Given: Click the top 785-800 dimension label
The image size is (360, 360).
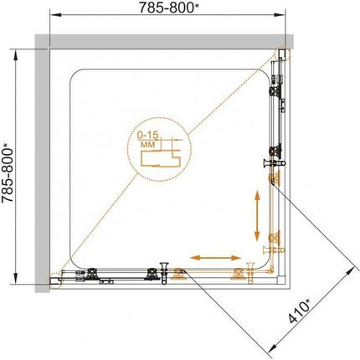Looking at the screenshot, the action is click(169, 8).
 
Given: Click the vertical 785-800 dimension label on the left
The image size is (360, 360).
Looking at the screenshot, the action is click(8, 173).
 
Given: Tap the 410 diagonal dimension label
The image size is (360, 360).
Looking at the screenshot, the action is click(300, 311).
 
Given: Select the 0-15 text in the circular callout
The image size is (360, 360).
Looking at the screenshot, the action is click(148, 136).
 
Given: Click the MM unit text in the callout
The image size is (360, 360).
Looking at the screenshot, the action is click(148, 145).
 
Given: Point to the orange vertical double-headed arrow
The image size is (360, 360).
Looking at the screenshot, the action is click(257, 216).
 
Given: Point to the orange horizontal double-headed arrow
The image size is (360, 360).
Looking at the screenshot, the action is click(216, 258).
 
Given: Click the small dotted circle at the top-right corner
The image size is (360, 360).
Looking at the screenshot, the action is click(283, 54).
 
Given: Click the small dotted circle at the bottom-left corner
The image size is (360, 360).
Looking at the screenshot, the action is click(54, 280).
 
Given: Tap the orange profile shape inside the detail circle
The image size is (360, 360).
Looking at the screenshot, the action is click(161, 158).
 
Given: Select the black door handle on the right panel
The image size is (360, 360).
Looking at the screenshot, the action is click(275, 162).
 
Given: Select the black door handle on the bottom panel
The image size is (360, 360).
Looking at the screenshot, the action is click(164, 273).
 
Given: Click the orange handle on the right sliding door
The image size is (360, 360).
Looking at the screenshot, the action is click(274, 249).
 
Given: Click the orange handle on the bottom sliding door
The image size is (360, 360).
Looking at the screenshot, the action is click(250, 273).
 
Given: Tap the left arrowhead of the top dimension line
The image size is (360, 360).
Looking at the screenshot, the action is click(55, 15).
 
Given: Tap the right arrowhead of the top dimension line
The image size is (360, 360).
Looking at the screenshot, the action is click(280, 15).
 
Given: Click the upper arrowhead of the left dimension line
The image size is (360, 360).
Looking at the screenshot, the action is click(16, 55).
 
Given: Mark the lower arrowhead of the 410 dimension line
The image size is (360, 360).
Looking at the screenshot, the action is click(272, 349).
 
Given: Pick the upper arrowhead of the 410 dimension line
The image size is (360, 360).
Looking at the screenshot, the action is click(354, 270).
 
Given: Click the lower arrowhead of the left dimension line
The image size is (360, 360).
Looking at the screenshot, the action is click(16, 279).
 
